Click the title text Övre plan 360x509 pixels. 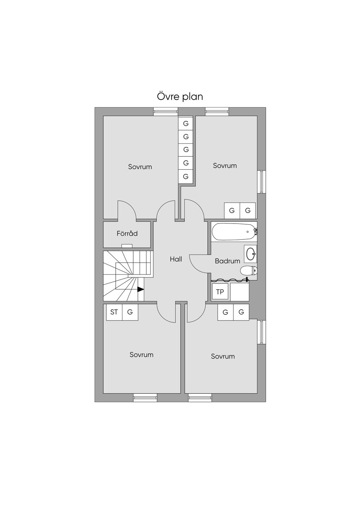click(x=180, y=96)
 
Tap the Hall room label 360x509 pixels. click(x=176, y=259)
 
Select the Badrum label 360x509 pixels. click(x=227, y=261)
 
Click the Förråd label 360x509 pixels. click(x=127, y=233)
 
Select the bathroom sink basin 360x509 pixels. click(x=251, y=253)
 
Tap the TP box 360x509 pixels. click(x=220, y=292)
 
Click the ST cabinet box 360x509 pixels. click(x=114, y=312)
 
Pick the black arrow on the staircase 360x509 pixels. click(x=141, y=289)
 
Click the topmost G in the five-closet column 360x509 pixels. click(x=186, y=123)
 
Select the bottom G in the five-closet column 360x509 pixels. click(x=186, y=176)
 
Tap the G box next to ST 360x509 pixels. click(x=130, y=312)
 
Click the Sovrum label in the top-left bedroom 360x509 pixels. click(x=140, y=167)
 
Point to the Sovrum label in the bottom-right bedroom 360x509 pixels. click(x=223, y=356)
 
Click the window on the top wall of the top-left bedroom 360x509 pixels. click(x=165, y=111)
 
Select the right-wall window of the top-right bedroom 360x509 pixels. click(x=261, y=182)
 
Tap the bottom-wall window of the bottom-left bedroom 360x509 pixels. click(x=145, y=398)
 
